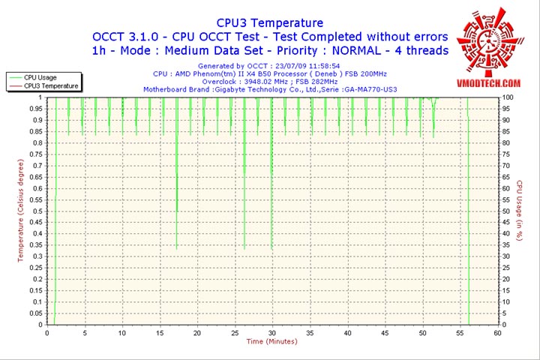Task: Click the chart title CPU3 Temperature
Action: tap(270, 23)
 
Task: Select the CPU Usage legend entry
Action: tap(40, 77)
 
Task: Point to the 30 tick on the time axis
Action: tap(272, 332)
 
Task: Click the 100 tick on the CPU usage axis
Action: tap(508, 97)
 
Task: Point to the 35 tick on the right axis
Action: tap(507, 244)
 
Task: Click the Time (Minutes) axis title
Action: tap(271, 342)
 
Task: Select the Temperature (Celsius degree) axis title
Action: tap(21, 211)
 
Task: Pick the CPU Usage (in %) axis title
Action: tap(519, 211)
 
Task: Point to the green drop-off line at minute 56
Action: tap(468, 225)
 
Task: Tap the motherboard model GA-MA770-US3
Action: tap(369, 89)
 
